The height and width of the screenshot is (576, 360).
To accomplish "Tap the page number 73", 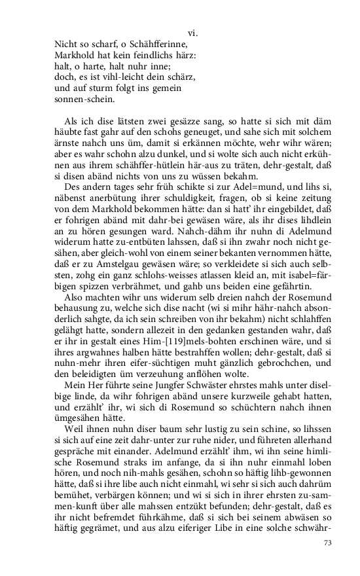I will tap(328, 543).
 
